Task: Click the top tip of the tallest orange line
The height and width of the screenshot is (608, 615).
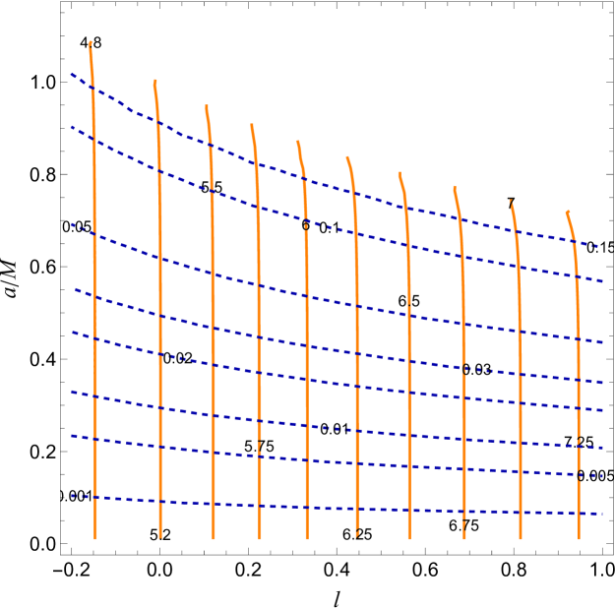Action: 91,42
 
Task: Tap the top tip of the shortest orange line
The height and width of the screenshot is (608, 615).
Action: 568,212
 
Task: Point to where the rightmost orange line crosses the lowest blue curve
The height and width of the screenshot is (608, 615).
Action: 579,513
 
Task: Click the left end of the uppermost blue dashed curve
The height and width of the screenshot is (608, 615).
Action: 71,74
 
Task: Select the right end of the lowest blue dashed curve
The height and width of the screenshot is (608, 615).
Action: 601,513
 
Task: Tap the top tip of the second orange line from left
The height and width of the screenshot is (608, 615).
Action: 154,81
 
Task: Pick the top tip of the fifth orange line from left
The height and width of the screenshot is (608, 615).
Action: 298,141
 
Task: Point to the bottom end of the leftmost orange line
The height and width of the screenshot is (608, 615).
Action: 95,538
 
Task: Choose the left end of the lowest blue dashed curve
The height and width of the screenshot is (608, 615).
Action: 71,496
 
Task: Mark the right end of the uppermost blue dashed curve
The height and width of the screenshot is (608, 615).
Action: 599,246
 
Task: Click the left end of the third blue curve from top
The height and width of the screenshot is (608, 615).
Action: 71,224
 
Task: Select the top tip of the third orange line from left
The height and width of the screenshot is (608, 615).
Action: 207,105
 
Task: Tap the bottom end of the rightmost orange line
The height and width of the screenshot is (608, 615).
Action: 579,538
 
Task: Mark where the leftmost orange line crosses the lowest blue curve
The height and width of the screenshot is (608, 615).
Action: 95,498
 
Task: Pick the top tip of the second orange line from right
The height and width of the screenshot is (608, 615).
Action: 511,201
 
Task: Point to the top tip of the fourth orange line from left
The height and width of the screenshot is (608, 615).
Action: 252,124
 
